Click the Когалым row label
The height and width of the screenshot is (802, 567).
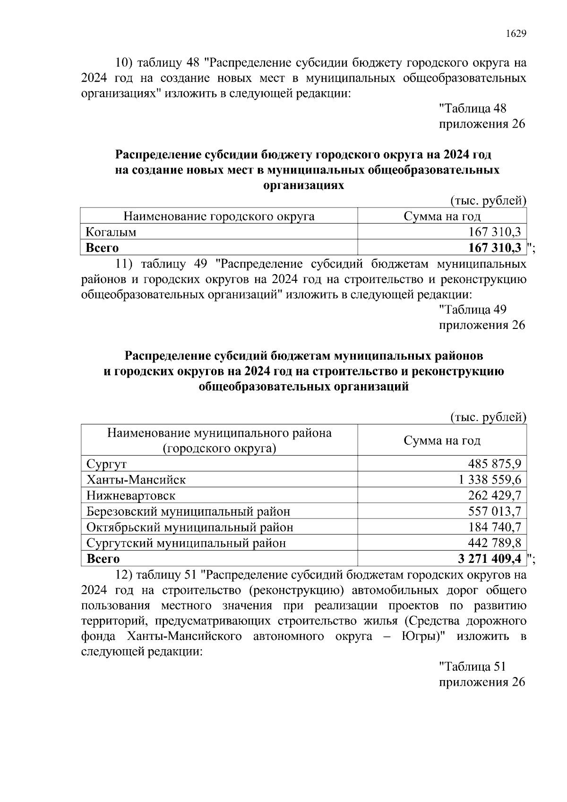click(x=111, y=232)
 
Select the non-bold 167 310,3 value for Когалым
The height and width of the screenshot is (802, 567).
click(x=495, y=232)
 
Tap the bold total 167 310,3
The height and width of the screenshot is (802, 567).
click(x=495, y=248)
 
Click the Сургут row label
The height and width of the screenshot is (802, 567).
click(x=107, y=464)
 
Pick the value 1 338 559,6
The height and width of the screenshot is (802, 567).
click(x=490, y=480)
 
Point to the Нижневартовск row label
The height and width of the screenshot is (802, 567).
click(x=131, y=496)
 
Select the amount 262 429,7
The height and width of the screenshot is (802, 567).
click(x=495, y=496)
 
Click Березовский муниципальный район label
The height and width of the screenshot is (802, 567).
click(x=188, y=511)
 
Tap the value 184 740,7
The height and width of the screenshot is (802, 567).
click(x=495, y=527)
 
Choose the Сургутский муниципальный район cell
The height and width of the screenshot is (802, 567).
click(x=186, y=543)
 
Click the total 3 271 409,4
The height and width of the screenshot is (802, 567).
click(x=490, y=559)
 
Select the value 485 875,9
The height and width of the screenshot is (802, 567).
click(x=495, y=464)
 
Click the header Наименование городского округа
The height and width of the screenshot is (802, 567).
click(x=219, y=216)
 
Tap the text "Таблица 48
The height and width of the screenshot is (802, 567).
click(x=472, y=109)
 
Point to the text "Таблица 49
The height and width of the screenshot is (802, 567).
click(x=472, y=310)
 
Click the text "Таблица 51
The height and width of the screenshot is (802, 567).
click(x=472, y=666)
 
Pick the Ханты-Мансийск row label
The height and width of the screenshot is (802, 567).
click(x=136, y=480)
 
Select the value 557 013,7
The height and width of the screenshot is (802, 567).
click(x=495, y=511)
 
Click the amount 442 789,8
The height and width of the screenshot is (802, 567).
click(x=495, y=543)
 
